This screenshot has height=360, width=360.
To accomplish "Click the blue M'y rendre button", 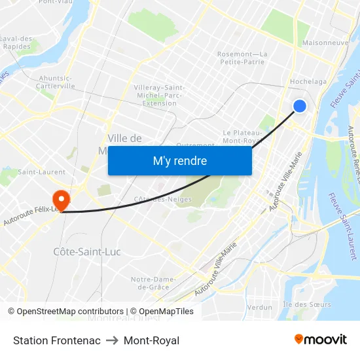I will click(x=179, y=160).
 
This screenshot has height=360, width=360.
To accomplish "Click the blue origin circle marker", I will click(x=299, y=106).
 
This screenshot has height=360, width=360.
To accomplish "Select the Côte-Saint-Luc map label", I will click(x=86, y=251).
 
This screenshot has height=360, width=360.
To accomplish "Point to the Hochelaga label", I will click(x=308, y=82).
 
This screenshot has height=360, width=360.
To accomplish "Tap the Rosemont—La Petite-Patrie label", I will click(x=242, y=58).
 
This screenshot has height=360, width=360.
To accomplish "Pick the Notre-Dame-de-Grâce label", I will click(x=154, y=283).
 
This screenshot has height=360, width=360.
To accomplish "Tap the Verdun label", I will click(x=260, y=307).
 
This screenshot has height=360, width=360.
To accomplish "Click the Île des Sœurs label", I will click(x=306, y=304).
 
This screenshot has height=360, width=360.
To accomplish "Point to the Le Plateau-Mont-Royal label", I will click(x=243, y=136).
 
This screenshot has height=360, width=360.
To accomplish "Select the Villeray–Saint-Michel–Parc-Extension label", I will click(x=160, y=95).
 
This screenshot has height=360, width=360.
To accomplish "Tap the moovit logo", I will click(x=320, y=339).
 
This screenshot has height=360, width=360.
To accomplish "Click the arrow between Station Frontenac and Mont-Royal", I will click(x=112, y=340).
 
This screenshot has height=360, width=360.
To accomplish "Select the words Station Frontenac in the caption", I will click(x=57, y=340).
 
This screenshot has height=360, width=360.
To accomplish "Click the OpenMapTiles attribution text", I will click(x=161, y=312).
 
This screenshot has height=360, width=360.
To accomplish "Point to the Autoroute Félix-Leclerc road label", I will click(x=29, y=217).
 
